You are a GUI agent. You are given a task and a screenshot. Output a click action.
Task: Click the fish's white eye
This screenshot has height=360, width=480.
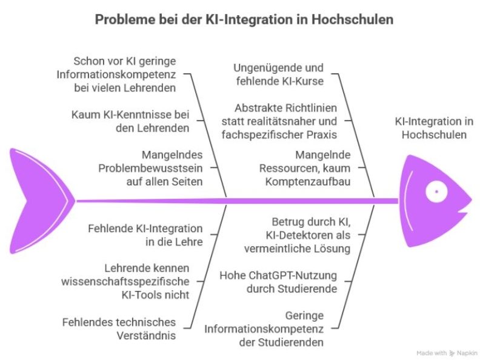435,192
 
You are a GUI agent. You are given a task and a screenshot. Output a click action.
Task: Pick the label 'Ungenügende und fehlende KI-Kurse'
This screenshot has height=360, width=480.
279,74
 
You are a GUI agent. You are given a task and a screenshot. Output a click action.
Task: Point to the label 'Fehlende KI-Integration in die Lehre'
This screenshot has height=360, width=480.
145,235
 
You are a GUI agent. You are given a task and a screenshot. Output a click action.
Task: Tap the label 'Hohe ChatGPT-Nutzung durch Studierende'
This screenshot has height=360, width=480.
278,282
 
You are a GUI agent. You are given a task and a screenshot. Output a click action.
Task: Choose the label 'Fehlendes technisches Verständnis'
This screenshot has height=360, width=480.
119,328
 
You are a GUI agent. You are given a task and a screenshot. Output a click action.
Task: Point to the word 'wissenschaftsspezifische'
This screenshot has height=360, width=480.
125,281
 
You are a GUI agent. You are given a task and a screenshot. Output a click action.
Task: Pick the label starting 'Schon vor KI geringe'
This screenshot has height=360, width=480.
124,74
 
